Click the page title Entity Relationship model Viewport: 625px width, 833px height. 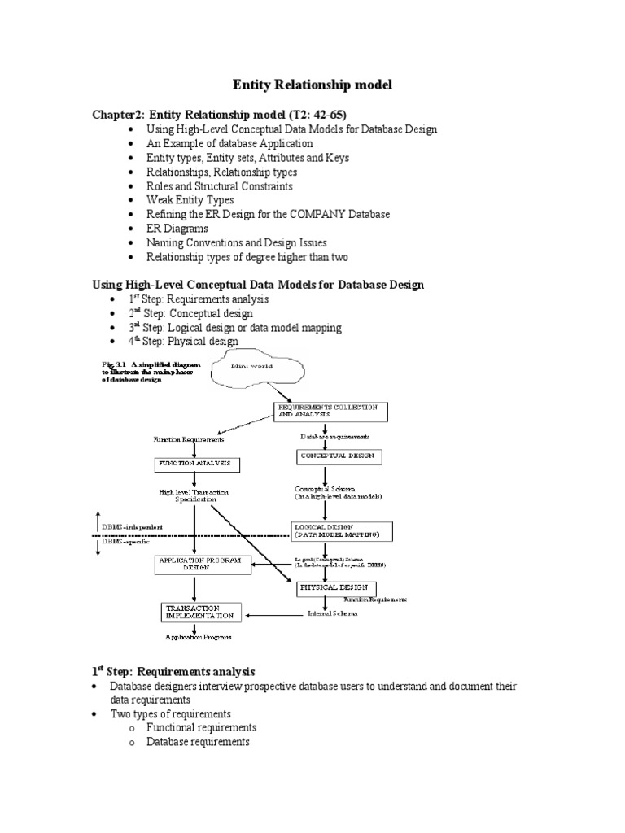tap(312, 85)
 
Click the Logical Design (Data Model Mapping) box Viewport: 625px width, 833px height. tap(342, 531)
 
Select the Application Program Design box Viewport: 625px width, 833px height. tap(199, 564)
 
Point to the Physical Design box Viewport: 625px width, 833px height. tap(335, 587)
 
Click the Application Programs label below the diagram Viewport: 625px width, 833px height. tap(199, 637)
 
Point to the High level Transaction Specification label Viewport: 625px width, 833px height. tap(194, 495)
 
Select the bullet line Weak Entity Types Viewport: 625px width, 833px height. tap(190, 199)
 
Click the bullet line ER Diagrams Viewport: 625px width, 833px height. tap(177, 229)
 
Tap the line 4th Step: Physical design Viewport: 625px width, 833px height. tap(191, 342)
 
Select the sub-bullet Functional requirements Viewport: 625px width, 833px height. tap(201, 728)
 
